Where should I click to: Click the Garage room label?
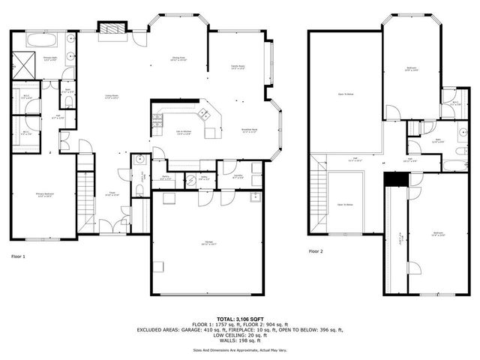[x=207, y=244]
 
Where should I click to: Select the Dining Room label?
[x=178, y=58]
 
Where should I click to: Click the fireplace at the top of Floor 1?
[x=112, y=28]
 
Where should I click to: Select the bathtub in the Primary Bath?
[x=41, y=40]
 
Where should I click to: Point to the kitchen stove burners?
[x=157, y=119]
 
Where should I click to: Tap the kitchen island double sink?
[x=203, y=115]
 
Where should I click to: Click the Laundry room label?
[x=237, y=176]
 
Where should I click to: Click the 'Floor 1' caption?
[x=18, y=257]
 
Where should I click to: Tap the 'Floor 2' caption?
[x=315, y=251]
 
